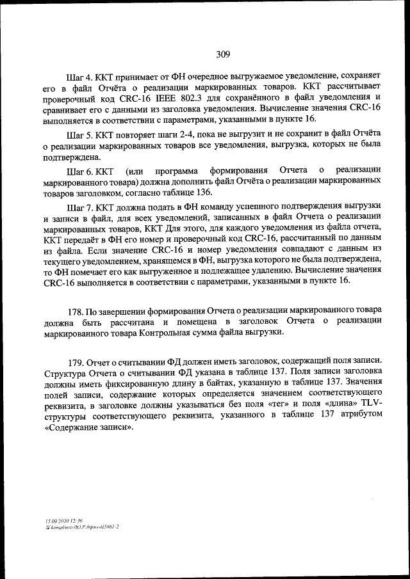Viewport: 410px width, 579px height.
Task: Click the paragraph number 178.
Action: coord(76,312)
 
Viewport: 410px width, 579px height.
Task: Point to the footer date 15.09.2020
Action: coord(54,522)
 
